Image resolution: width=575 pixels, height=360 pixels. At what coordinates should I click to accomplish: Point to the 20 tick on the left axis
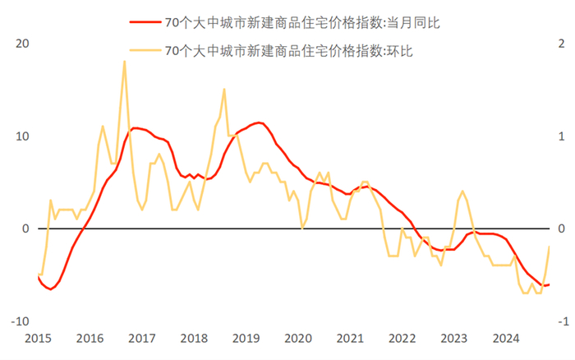[22, 44]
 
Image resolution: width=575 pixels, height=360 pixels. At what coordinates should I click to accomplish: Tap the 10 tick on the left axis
[22, 136]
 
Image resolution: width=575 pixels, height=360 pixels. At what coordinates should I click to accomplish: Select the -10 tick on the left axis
[20, 321]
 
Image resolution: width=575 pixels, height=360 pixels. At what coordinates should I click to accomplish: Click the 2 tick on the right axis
[562, 44]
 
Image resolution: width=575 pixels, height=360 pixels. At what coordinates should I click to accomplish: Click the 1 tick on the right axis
[562, 136]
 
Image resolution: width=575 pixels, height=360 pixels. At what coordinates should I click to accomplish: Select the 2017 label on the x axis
[141, 338]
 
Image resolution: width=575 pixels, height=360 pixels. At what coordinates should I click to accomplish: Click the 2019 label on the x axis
[246, 338]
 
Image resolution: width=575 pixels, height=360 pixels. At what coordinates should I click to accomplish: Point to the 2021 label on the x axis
[350, 338]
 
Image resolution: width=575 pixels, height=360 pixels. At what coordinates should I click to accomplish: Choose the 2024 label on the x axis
[506, 338]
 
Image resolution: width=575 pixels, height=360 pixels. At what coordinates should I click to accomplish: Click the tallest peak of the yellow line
[124, 62]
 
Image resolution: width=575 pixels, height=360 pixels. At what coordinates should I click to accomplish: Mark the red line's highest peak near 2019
[259, 122]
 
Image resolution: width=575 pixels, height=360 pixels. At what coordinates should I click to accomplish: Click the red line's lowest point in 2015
[51, 289]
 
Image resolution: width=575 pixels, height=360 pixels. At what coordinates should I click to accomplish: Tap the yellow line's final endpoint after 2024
[549, 247]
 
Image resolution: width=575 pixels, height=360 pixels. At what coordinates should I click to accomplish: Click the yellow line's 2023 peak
[463, 192]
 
